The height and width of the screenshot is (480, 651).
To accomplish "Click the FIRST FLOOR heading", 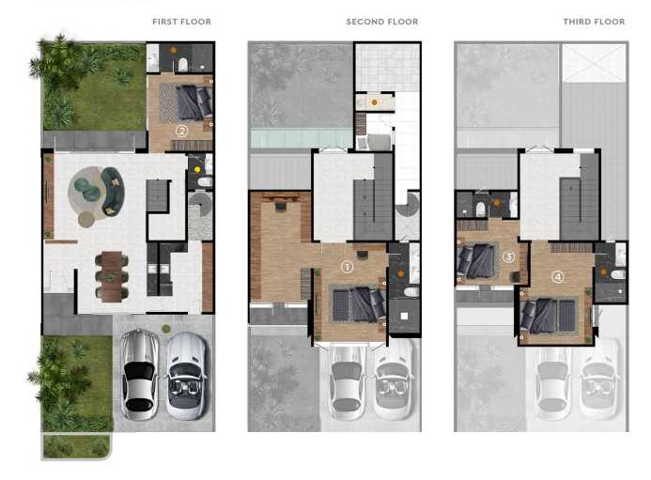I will pyautogui.click(x=181, y=22).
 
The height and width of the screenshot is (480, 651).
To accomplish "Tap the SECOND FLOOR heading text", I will pyautogui.click(x=382, y=22).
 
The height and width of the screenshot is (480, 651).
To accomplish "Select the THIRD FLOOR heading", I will pyautogui.click(x=594, y=22).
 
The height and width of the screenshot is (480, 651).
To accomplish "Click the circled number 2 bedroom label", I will pyautogui.click(x=181, y=131).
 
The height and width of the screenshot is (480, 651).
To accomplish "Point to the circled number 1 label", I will pyautogui.click(x=347, y=267).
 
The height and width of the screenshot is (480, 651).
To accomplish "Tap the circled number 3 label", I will pyautogui.click(x=508, y=255).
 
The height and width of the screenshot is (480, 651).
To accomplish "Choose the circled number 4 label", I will pyautogui.click(x=558, y=276).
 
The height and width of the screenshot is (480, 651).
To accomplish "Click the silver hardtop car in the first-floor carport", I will pyautogui.click(x=139, y=373).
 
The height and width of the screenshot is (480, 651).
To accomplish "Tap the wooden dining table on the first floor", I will pyautogui.click(x=111, y=276).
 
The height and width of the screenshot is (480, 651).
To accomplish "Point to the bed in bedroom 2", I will pyautogui.click(x=193, y=101).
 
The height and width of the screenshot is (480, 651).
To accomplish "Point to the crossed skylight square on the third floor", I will pyautogui.click(x=594, y=63).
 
